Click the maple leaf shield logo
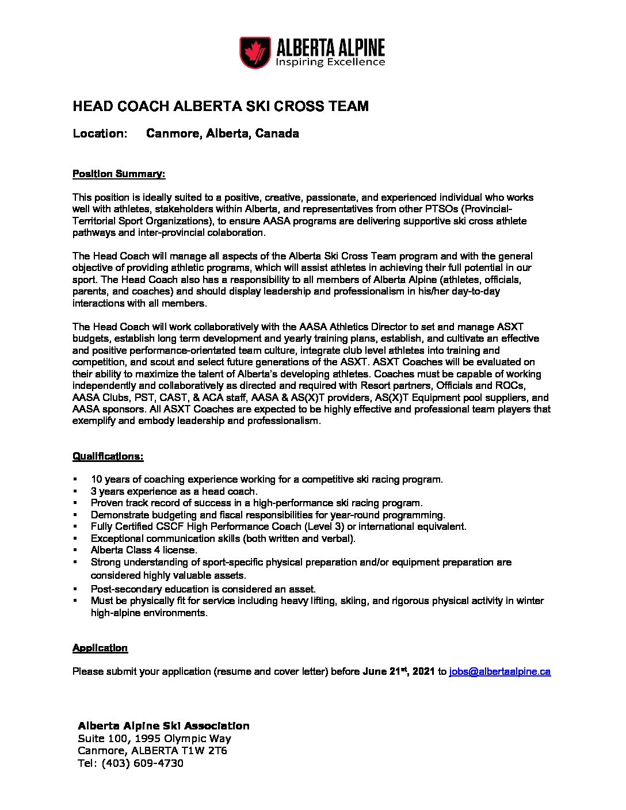point(255,52)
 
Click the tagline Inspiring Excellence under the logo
point(330,62)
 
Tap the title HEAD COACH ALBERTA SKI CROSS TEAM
point(220,106)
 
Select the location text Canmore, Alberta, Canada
point(222,133)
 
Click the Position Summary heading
point(119,174)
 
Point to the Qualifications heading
point(108,456)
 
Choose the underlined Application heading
point(100,648)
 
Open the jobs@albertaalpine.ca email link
point(499,671)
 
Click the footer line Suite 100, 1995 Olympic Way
point(154,738)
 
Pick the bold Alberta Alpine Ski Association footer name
point(163,725)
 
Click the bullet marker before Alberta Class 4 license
point(75,551)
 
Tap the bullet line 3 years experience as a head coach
point(174,491)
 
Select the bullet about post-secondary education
point(203,589)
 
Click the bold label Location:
point(100,133)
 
